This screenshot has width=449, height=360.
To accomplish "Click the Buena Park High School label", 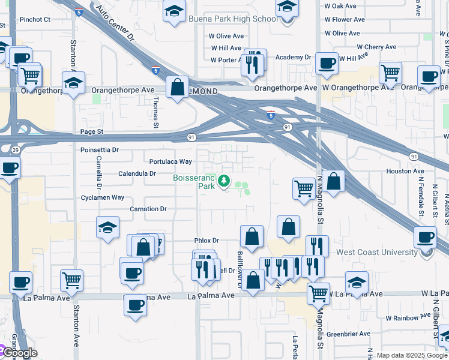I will pos(232,19).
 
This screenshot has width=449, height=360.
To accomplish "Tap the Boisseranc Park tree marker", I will pos(224,180).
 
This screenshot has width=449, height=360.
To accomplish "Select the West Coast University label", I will pos(377,253).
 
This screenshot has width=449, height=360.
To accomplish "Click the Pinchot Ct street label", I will pos(35,19).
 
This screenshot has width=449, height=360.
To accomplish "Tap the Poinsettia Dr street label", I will pos(100,149).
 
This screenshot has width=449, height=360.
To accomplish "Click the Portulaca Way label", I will pos(170,161).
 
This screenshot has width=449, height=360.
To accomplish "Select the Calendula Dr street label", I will pos(137,173).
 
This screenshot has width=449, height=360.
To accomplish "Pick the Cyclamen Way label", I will pos(103,197).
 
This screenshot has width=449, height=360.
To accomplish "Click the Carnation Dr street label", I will pos(148,209).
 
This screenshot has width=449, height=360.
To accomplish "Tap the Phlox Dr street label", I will pos(207,241).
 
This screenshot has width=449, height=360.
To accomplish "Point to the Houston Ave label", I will pos(405,171).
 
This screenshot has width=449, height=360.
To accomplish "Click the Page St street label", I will pos(92,131).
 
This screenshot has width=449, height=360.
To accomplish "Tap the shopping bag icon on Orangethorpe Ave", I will pos(178,88).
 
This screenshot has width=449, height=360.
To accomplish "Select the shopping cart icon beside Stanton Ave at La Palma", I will pos(71,280).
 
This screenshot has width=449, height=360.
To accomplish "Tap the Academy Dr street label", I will pos(293,58).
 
